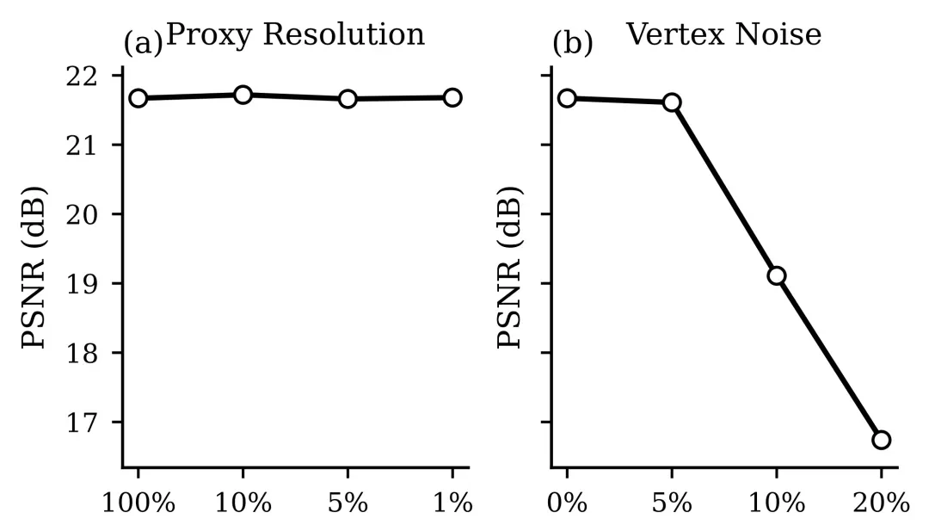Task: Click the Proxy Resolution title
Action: [x=295, y=34]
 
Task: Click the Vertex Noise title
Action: [x=723, y=34]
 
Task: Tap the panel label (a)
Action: [x=143, y=43]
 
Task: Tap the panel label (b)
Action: [x=572, y=43]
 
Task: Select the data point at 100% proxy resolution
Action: [x=138, y=98]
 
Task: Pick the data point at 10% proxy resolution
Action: [x=243, y=95]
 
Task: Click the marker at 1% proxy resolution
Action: [x=452, y=97]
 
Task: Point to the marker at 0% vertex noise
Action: [x=568, y=98]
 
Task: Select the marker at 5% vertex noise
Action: [x=672, y=102]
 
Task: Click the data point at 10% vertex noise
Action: [x=777, y=275]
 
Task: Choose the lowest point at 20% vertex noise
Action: [x=881, y=440]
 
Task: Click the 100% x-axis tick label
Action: [x=138, y=503]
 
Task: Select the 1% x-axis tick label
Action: [x=452, y=503]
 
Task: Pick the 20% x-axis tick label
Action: [x=881, y=503]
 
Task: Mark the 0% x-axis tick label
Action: [x=568, y=503]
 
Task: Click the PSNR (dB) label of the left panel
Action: [x=34, y=267]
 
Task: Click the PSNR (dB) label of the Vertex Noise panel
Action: [x=510, y=267]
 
